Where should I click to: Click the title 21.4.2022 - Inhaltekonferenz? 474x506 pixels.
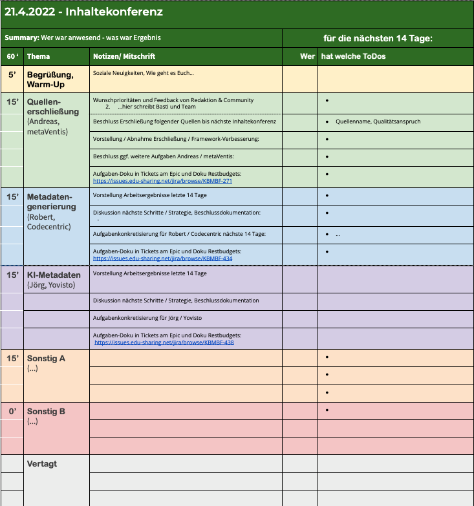click(x=84, y=12)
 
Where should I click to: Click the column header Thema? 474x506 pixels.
click(x=38, y=56)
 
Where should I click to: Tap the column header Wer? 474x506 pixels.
click(x=308, y=56)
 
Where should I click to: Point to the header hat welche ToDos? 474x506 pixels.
click(x=353, y=56)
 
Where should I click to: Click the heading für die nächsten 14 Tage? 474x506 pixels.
click(x=378, y=39)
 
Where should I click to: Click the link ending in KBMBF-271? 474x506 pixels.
click(x=162, y=181)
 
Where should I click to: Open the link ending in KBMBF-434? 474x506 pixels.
click(x=163, y=257)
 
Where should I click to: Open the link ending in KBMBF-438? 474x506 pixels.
click(x=164, y=343)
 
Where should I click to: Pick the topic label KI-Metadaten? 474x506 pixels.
click(x=54, y=275)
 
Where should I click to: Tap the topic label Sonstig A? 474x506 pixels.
click(x=46, y=358)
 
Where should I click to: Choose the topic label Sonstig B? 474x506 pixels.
click(x=46, y=411)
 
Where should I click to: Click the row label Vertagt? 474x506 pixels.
click(x=42, y=464)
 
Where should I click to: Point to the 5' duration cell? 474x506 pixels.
click(x=12, y=74)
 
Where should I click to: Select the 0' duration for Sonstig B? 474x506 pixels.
click(x=12, y=411)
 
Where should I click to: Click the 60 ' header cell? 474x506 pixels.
click(x=12, y=56)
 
